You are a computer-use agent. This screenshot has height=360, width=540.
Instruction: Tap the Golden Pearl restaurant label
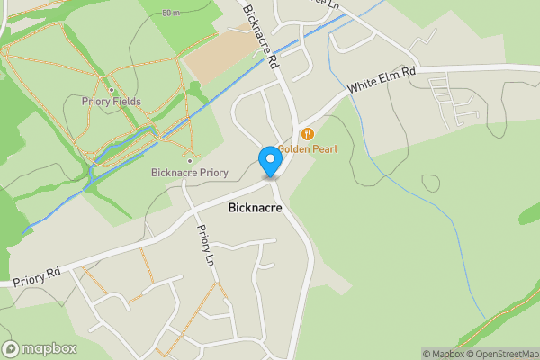(307, 148)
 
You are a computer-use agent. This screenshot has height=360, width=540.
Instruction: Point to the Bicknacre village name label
(255, 208)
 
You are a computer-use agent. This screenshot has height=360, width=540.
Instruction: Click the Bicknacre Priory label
(189, 172)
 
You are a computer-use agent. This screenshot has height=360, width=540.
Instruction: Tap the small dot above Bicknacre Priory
(189, 161)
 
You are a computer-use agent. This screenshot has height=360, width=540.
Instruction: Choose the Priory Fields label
(111, 102)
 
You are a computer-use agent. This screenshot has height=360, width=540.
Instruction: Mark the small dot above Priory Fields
(111, 90)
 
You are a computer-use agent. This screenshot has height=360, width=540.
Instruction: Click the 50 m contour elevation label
(171, 13)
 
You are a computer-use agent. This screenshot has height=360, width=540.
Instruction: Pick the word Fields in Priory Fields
(125, 102)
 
